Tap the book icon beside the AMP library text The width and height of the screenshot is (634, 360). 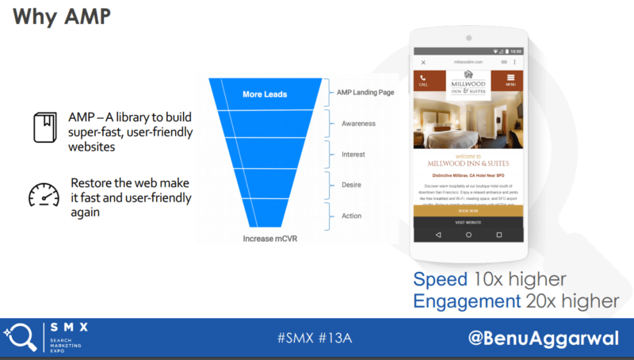pos(44,127)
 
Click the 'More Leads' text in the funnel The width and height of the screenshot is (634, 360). pos(265,94)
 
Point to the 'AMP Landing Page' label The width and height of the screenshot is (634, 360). pos(365,92)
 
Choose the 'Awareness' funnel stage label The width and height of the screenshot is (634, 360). pos(358,124)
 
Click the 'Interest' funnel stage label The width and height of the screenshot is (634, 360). pos(353,154)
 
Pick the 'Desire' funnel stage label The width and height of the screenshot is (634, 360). pos(352,184)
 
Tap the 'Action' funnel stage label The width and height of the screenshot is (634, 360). pos(352,215)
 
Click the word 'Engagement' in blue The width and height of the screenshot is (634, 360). pos(466,301)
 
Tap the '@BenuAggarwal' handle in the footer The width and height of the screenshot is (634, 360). pos(543,337)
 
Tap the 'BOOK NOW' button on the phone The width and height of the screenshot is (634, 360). pos(468,211)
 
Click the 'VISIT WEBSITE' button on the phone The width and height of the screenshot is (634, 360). pos(468,223)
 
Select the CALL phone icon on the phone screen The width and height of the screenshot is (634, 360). pos(423,79)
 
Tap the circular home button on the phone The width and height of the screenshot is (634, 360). pos(468,236)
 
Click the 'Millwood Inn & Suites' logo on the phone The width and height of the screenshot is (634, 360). pos(468,81)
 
